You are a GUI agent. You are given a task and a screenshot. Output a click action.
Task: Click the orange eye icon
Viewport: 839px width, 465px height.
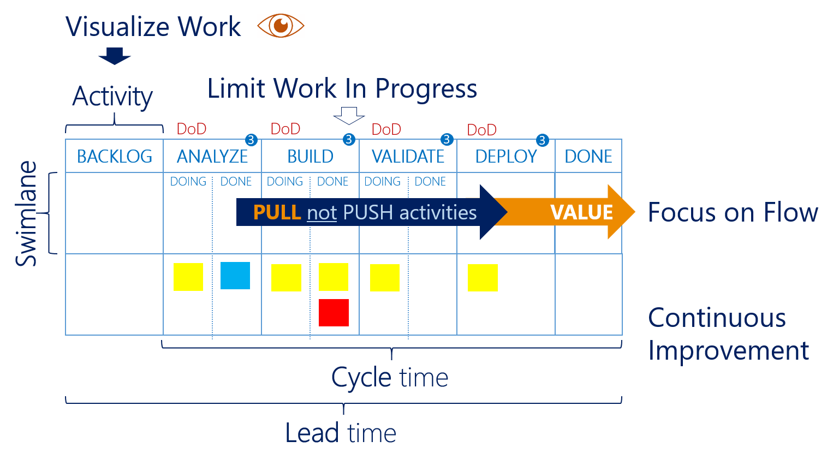click(281, 26)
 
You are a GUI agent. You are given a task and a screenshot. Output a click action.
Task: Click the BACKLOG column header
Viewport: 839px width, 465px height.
click(115, 157)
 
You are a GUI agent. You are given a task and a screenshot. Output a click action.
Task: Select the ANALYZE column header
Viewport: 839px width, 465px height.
click(212, 157)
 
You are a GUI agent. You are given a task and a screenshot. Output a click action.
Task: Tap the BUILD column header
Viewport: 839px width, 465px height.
click(310, 157)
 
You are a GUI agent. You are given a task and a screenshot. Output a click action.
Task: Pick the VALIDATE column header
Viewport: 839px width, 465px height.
click(408, 157)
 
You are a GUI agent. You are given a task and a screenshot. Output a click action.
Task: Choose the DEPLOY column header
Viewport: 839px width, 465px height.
click(506, 157)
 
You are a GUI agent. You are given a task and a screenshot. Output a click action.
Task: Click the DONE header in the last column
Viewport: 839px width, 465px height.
click(588, 157)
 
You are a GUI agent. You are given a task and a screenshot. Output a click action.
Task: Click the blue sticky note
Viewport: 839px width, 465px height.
click(235, 276)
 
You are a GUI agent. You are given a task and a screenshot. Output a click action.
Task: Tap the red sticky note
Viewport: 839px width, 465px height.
click(334, 313)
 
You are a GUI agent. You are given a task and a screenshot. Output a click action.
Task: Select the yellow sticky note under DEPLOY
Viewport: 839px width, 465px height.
click(483, 278)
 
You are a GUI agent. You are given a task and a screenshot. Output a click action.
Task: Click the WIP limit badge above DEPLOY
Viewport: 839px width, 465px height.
click(542, 140)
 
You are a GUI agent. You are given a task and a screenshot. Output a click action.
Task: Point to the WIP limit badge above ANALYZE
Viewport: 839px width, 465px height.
click(251, 140)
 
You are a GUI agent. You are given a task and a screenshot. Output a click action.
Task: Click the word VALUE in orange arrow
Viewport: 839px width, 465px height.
click(581, 212)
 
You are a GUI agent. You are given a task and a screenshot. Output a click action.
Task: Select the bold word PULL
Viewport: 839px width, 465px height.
click(277, 212)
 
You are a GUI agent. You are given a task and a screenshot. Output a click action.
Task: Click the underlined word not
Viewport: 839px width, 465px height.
click(322, 213)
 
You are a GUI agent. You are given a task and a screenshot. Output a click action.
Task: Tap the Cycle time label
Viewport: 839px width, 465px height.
click(390, 378)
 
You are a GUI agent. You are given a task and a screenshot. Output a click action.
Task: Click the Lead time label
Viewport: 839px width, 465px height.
click(341, 433)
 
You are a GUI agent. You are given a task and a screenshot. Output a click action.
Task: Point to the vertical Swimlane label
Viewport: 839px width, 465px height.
click(26, 213)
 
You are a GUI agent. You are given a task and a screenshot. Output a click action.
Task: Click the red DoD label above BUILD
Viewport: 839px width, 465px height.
click(285, 129)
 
